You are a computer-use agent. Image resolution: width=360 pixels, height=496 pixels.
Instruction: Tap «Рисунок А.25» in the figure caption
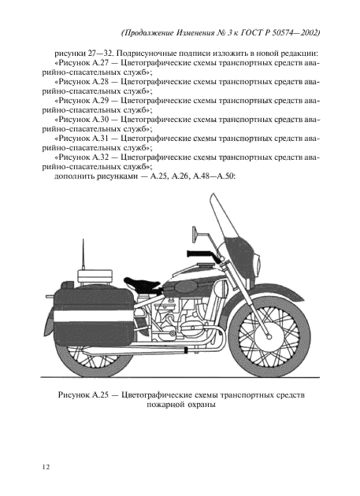click(88, 394)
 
